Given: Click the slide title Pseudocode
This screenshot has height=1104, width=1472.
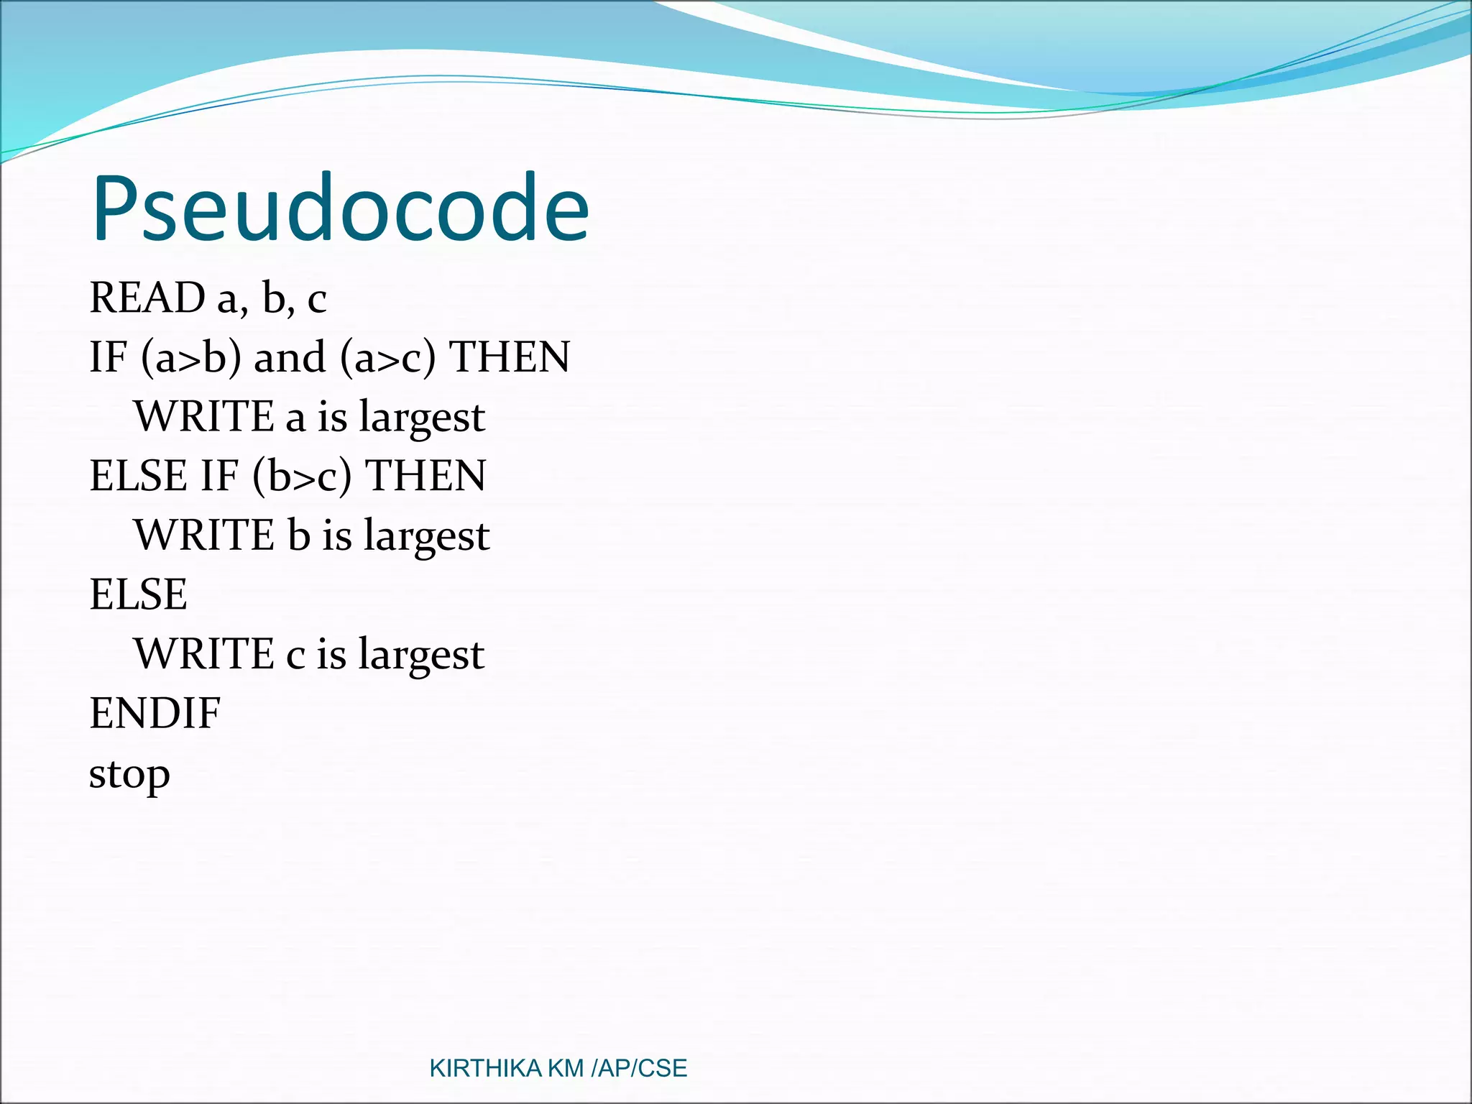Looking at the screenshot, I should tap(340, 208).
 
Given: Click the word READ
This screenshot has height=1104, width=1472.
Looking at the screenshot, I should tap(147, 298).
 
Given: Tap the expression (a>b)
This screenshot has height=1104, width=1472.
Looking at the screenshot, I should tap(191, 357).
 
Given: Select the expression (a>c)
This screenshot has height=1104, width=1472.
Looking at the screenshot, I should tap(388, 357).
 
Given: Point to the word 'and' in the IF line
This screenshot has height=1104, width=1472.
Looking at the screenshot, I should tap(290, 357).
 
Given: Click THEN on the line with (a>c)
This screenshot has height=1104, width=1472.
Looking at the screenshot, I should tap(510, 357).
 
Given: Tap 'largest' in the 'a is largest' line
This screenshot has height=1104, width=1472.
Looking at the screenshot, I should tap(422, 418).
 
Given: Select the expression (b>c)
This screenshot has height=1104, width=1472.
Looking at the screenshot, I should tap(302, 477).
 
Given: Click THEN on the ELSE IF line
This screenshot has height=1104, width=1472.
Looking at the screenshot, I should tap(425, 476).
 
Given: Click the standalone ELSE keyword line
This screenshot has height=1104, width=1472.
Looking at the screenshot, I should tap(138, 594).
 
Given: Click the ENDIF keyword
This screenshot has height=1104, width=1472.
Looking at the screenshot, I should tap(155, 714).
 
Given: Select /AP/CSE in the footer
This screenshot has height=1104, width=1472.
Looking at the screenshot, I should tap(639, 1069).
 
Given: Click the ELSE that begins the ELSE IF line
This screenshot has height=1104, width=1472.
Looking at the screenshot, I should tap(138, 476).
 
